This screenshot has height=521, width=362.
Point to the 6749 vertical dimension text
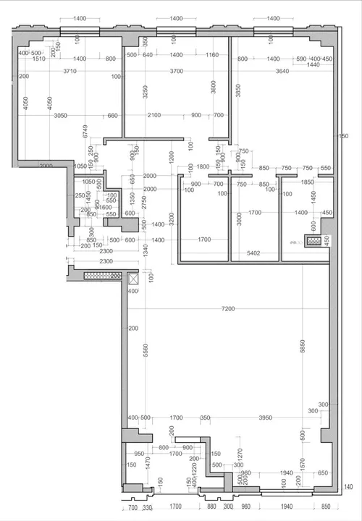coord(85,131)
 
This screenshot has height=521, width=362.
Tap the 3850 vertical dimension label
coord(237,90)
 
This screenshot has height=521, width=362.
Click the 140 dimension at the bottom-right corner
coord(348,486)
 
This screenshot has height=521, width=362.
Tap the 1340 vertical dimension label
coord(145,250)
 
